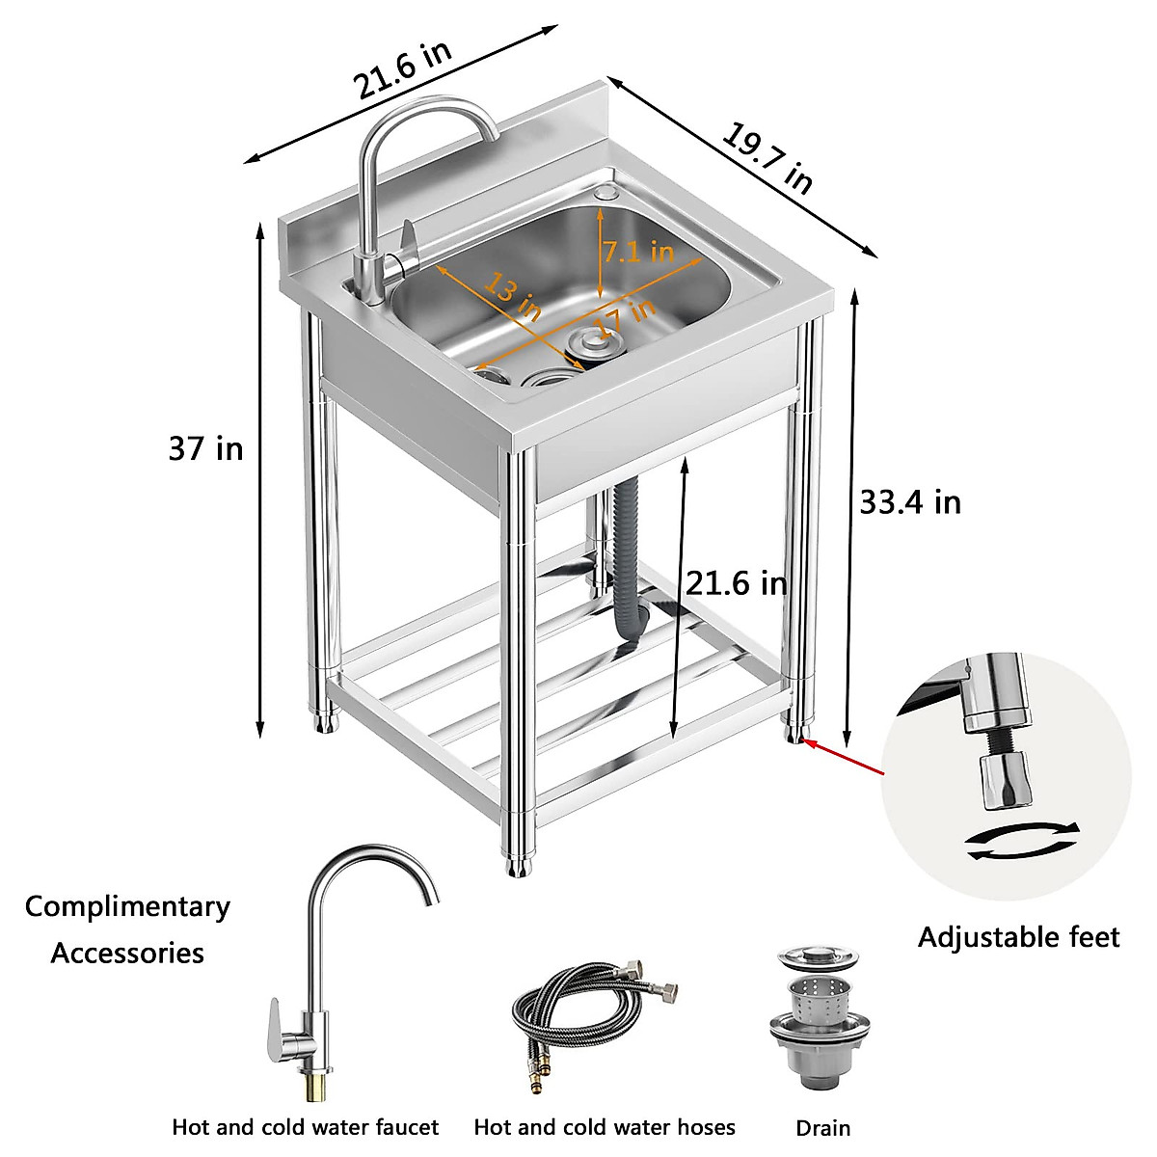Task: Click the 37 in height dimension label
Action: point(205,449)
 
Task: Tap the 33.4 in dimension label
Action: point(909,502)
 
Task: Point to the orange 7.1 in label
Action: point(638,253)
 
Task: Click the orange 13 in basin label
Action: point(513,297)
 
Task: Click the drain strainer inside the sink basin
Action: point(590,342)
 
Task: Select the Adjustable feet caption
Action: point(1018,937)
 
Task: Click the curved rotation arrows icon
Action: point(1023,840)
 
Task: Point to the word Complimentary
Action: point(127,907)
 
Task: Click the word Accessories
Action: point(127,954)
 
